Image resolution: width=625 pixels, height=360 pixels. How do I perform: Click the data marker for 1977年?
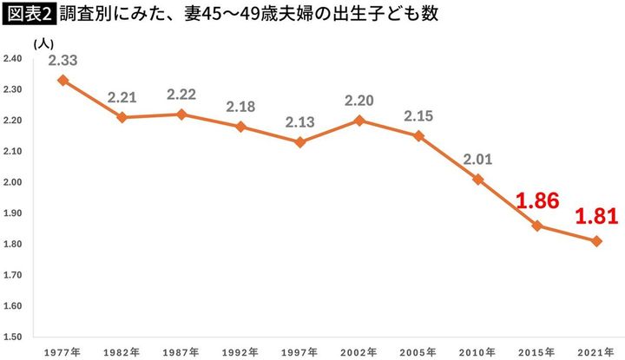pos(62,80)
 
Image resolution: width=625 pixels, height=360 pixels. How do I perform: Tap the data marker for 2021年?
pos(597,240)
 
